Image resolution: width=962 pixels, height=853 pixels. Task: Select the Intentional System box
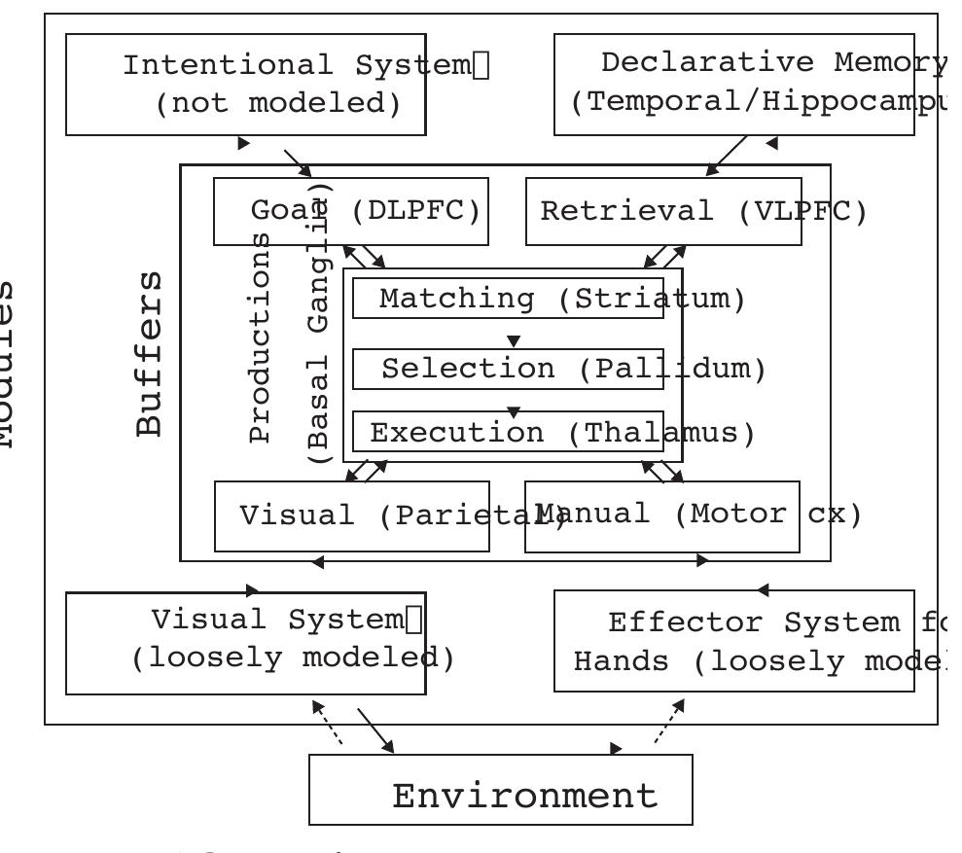point(246,85)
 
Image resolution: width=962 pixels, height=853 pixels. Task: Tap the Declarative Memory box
point(748,85)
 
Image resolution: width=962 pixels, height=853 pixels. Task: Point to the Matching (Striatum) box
point(508,299)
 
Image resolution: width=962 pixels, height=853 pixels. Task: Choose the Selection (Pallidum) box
point(508,369)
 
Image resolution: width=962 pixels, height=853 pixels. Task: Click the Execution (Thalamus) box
point(508,432)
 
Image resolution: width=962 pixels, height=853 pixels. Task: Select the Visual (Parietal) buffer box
point(370,515)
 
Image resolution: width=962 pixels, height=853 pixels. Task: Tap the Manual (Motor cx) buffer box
point(676,515)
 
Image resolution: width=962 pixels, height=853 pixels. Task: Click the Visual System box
point(246,642)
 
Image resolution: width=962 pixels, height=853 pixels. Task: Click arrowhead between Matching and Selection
point(514,340)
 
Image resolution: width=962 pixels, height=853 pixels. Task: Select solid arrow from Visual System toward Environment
point(375,729)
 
